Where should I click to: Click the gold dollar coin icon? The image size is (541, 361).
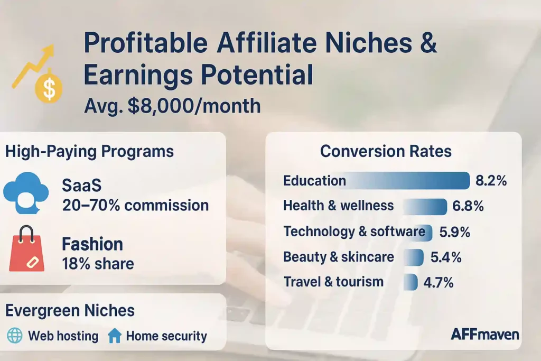[x=49, y=88]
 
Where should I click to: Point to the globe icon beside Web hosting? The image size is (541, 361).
[x=14, y=336]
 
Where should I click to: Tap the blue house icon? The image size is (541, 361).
[x=114, y=336]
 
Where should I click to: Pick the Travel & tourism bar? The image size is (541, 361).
[x=410, y=282]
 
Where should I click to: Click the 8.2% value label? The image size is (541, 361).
[x=491, y=181]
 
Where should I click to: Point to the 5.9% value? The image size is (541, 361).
[x=454, y=232]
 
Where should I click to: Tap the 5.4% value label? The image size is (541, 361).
[x=446, y=257]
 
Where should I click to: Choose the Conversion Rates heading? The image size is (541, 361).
[x=386, y=152]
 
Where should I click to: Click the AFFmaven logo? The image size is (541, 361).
[x=484, y=334]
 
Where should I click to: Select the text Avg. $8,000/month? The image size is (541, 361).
[x=172, y=106]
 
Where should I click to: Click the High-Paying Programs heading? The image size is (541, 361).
[x=89, y=152]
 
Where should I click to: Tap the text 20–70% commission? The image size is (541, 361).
[x=135, y=205]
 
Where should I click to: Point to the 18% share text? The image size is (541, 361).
[x=98, y=263]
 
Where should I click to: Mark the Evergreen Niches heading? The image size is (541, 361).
[x=70, y=310]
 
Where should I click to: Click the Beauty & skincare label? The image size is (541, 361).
[x=338, y=257]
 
